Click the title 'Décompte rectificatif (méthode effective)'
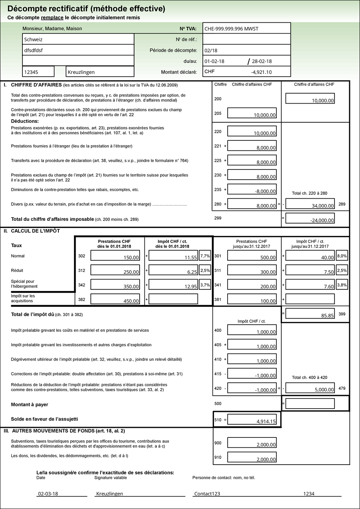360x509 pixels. point(86,9)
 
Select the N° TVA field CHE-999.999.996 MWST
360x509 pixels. point(246,28)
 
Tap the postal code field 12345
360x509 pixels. point(38,72)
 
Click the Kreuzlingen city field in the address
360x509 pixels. point(100,72)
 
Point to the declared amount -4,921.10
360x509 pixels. point(246,72)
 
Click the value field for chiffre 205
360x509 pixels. point(252,113)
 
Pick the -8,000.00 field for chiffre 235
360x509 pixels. point(252,190)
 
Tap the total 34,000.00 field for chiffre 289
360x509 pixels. point(310,204)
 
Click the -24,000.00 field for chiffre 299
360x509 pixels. point(310,218)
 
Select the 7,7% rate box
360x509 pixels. point(205,256)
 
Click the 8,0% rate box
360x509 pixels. point(342,256)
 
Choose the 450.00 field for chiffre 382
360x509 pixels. point(115,299)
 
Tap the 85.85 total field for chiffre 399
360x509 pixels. point(310,314)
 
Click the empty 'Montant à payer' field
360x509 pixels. point(310,403)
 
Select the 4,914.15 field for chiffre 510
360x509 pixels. point(252,419)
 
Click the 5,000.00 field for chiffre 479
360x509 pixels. point(310,388)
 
